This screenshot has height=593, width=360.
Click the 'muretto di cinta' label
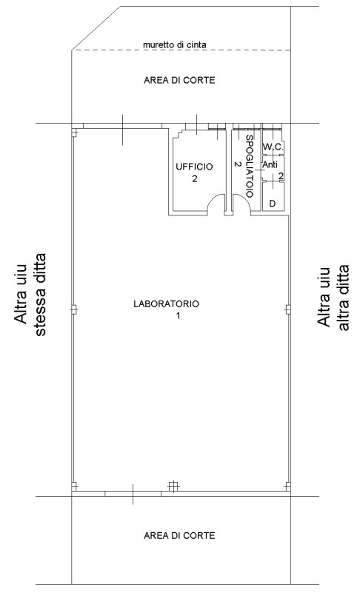(x=175, y=44)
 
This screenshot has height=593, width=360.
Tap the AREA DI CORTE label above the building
(x=179, y=80)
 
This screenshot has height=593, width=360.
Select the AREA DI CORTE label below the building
(x=179, y=535)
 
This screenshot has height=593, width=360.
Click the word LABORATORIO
(x=166, y=304)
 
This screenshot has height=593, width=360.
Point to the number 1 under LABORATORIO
(x=178, y=315)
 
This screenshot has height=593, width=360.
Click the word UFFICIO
(x=194, y=167)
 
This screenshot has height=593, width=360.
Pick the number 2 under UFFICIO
(x=195, y=178)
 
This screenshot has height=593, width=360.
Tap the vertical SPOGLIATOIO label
(x=249, y=166)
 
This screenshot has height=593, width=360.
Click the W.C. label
(x=273, y=147)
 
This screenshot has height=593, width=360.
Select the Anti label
(x=270, y=165)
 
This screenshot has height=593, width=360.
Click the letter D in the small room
(x=272, y=204)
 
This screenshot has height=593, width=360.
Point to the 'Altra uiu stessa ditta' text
(x=30, y=295)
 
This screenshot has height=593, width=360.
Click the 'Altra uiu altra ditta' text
(x=333, y=298)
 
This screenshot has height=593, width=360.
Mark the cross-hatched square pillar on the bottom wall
(x=173, y=486)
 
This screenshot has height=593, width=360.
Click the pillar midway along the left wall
(x=74, y=309)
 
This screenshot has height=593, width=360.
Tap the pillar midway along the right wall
(x=287, y=309)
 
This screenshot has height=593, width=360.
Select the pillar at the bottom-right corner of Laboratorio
(x=287, y=486)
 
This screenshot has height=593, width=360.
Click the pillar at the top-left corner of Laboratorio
(x=75, y=133)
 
